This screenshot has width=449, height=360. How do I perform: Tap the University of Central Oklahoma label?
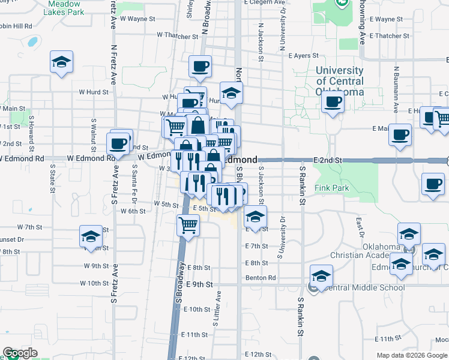[x=340, y=82]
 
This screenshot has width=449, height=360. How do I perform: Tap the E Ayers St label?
[x=303, y=56]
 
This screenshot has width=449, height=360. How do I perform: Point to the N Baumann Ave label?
[x=397, y=89]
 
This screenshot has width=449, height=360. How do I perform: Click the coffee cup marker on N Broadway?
[x=200, y=66]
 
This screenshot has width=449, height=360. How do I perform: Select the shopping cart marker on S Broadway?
[x=188, y=226]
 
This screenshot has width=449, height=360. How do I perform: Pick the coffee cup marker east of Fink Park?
[x=432, y=184]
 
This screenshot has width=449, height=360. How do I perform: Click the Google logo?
[x=20, y=353]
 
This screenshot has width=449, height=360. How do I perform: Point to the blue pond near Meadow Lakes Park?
[x=32, y=42]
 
